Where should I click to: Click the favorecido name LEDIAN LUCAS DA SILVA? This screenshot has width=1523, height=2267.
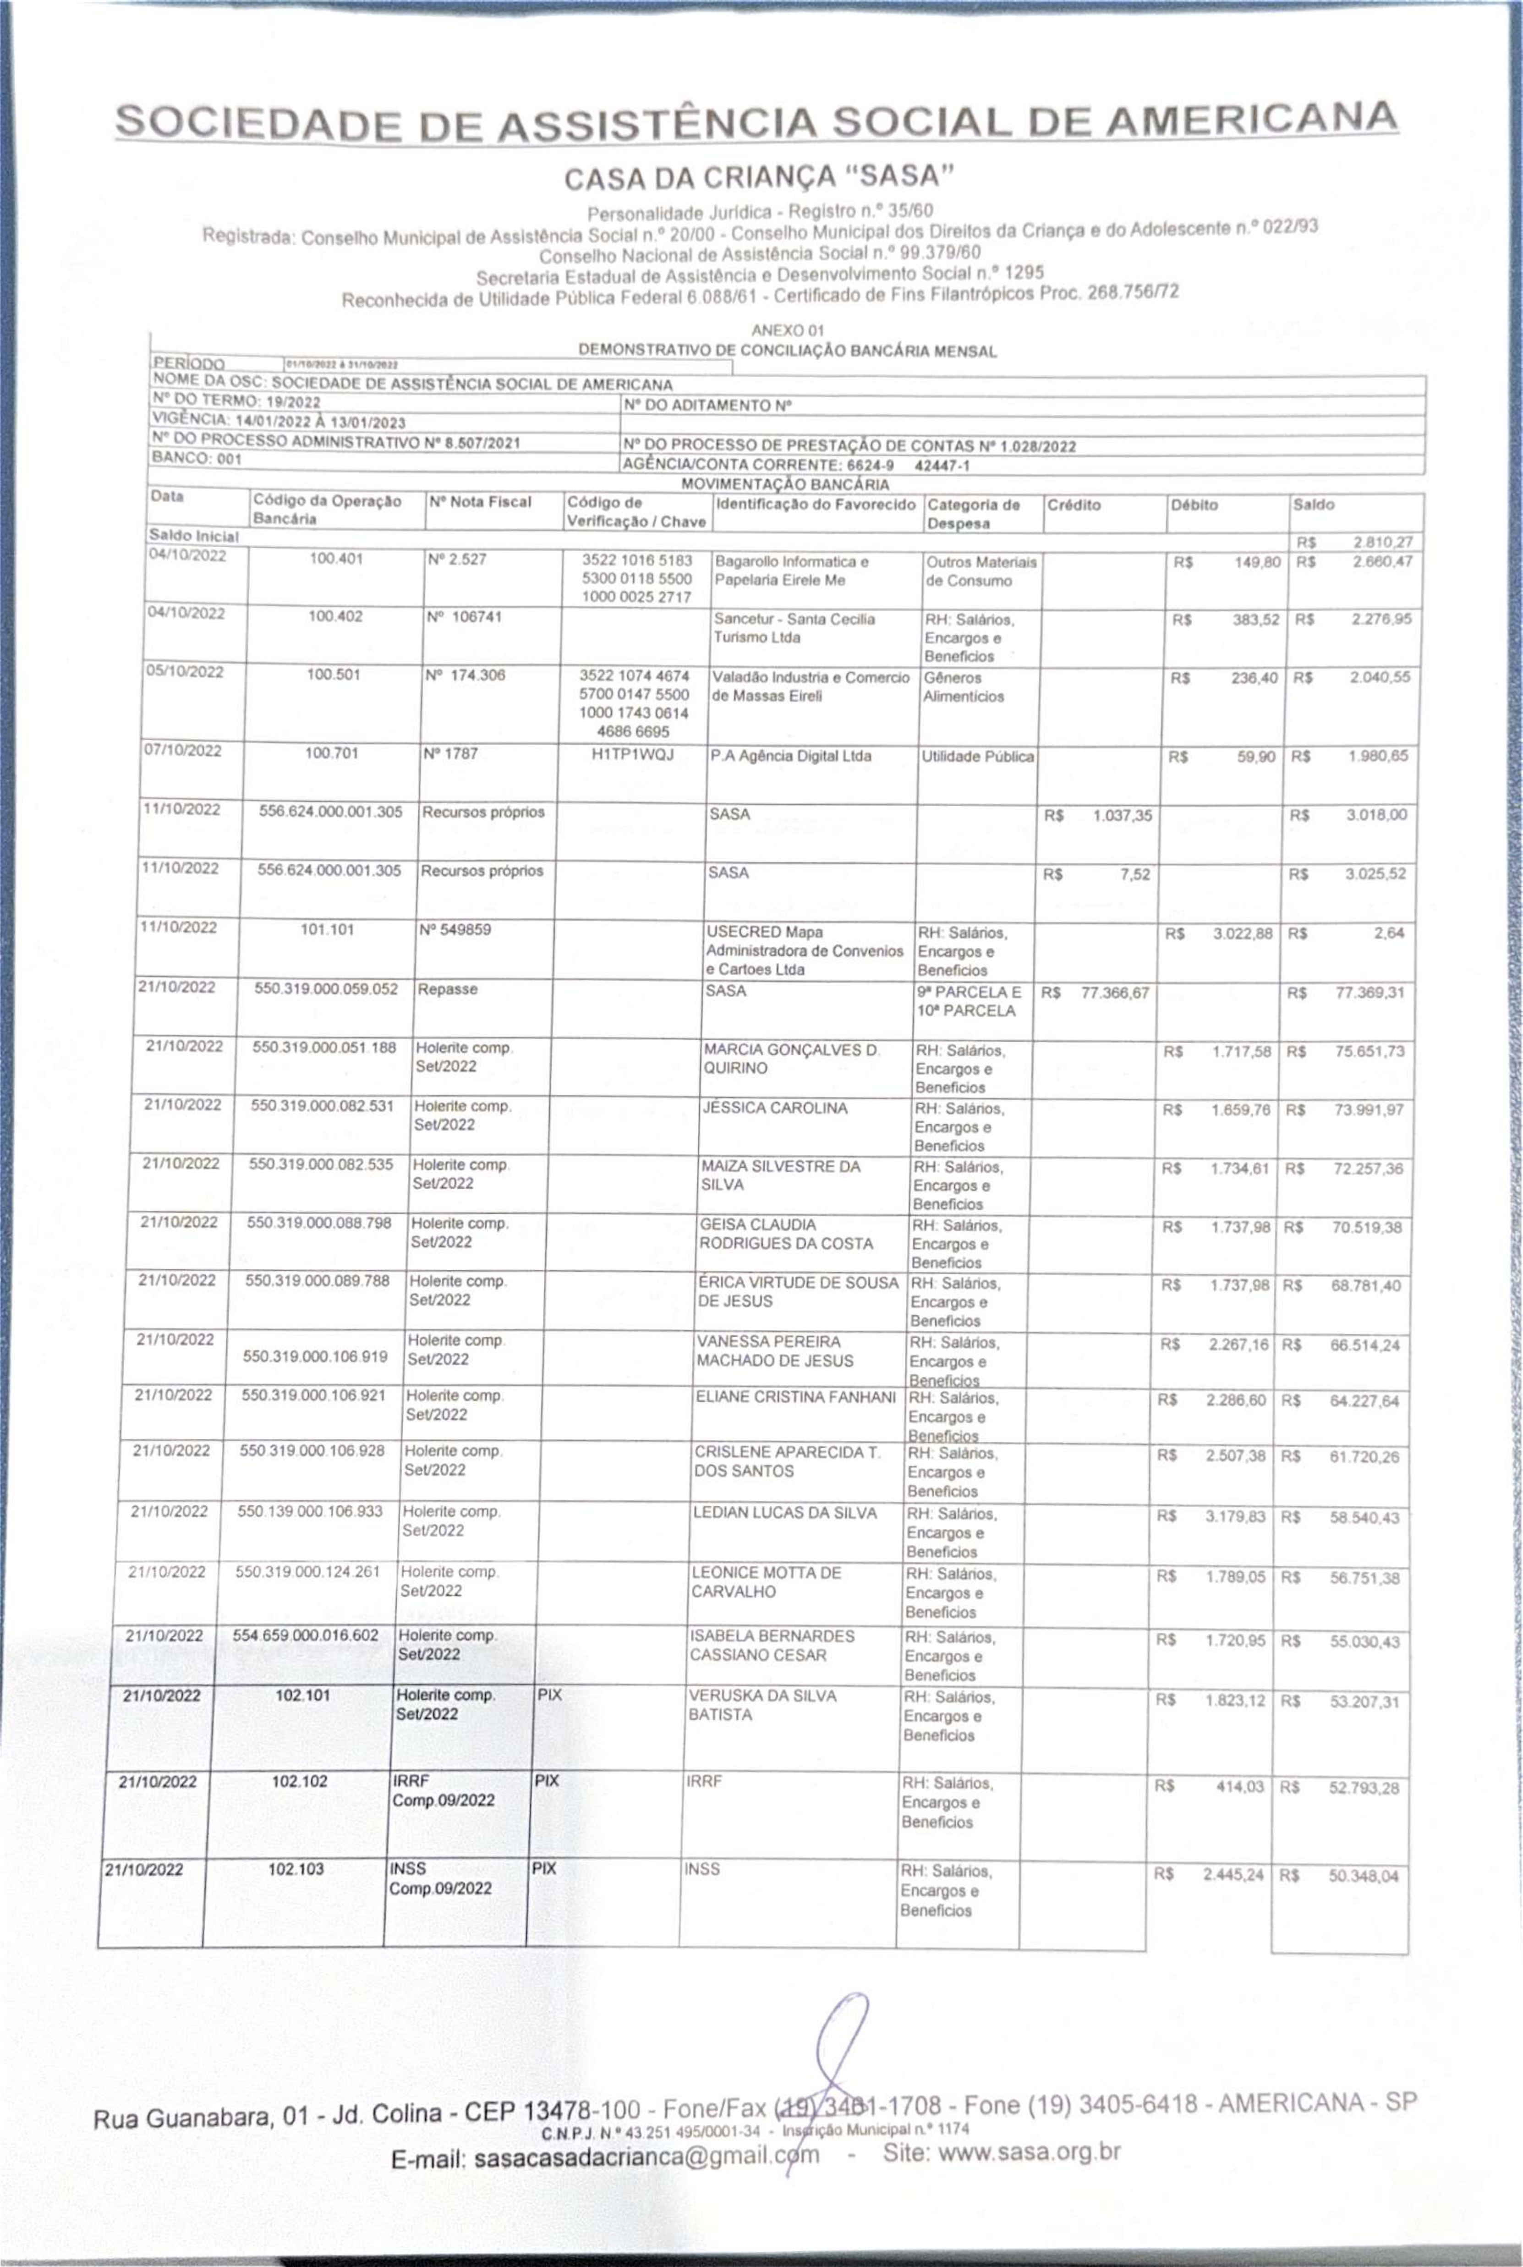[x=785, y=1512]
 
